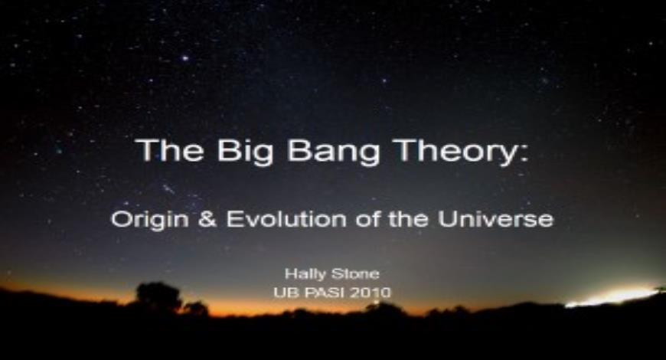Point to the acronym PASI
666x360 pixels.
tap(325, 292)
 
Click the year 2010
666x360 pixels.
tap(372, 292)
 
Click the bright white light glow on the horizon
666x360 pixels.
tap(612, 297)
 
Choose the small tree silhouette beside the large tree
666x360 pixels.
tap(196, 308)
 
